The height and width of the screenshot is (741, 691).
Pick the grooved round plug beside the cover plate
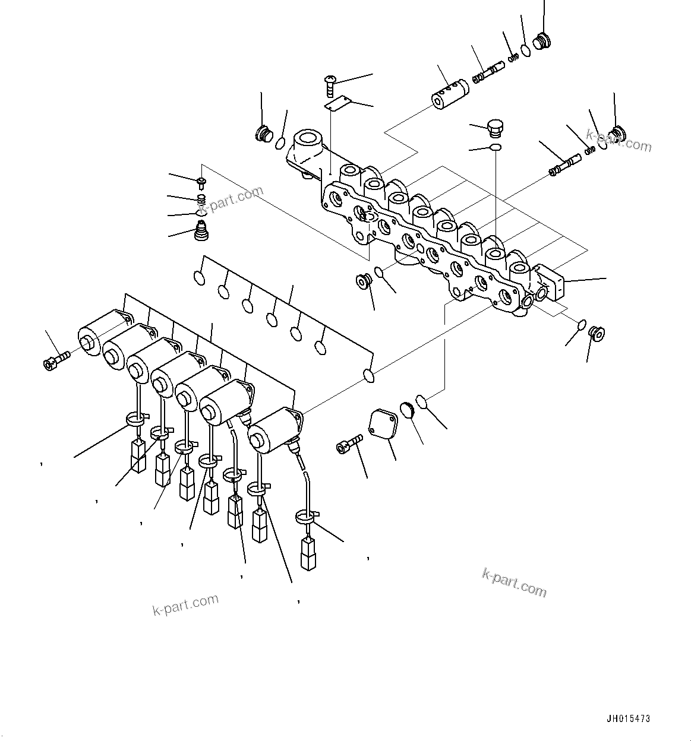click(408, 410)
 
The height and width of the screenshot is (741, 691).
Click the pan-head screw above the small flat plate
click(331, 85)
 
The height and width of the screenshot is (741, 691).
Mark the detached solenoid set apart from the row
click(273, 431)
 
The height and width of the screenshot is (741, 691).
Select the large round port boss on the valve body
click(308, 144)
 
